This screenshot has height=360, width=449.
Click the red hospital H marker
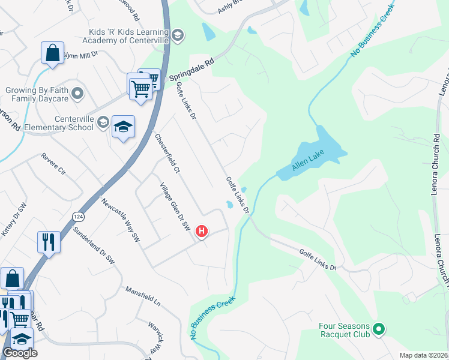202,230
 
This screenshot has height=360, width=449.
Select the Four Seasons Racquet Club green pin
378,329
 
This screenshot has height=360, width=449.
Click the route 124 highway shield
79,215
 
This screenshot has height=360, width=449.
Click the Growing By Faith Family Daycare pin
77,94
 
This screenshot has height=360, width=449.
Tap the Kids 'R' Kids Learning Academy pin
177,35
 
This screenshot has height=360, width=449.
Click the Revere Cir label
53,164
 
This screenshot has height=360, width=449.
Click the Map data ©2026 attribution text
423,355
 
